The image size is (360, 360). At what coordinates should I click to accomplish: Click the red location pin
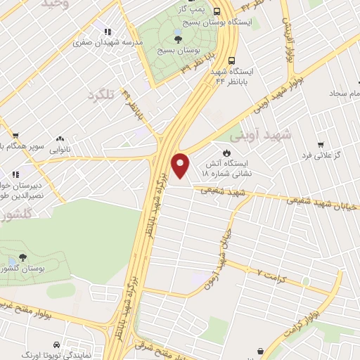pyautogui.click(x=181, y=165)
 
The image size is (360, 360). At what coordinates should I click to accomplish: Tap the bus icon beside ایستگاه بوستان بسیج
pyautogui.click(x=217, y=11)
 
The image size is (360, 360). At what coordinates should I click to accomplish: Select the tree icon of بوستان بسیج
pyautogui.click(x=178, y=39)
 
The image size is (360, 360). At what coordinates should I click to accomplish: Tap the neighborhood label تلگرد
pyautogui.click(x=100, y=95)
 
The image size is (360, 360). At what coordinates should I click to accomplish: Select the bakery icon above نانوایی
pyautogui.click(x=60, y=139)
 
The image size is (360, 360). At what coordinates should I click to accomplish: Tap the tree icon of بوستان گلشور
pyautogui.click(x=22, y=257)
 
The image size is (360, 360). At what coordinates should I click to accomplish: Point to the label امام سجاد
pyautogui.click(x=341, y=93)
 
